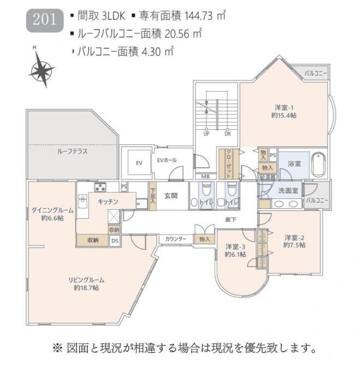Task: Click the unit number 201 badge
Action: (x=44, y=20)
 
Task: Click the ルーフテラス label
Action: (x=73, y=151)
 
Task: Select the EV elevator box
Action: (x=139, y=162)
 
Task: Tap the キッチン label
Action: (x=108, y=202)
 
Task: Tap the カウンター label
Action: (x=176, y=238)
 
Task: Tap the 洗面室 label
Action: (x=287, y=191)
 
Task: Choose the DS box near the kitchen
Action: (x=115, y=240)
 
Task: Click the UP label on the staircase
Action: (x=206, y=133)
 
